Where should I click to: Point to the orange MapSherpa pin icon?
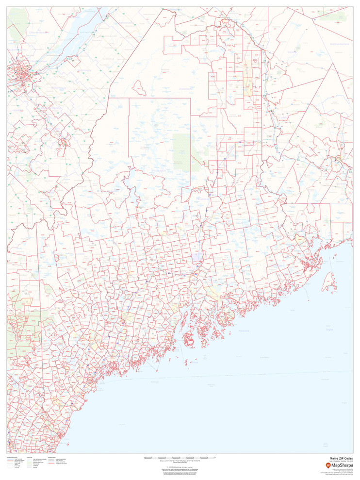click(x=328, y=465)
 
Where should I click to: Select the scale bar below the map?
click(x=180, y=457)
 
